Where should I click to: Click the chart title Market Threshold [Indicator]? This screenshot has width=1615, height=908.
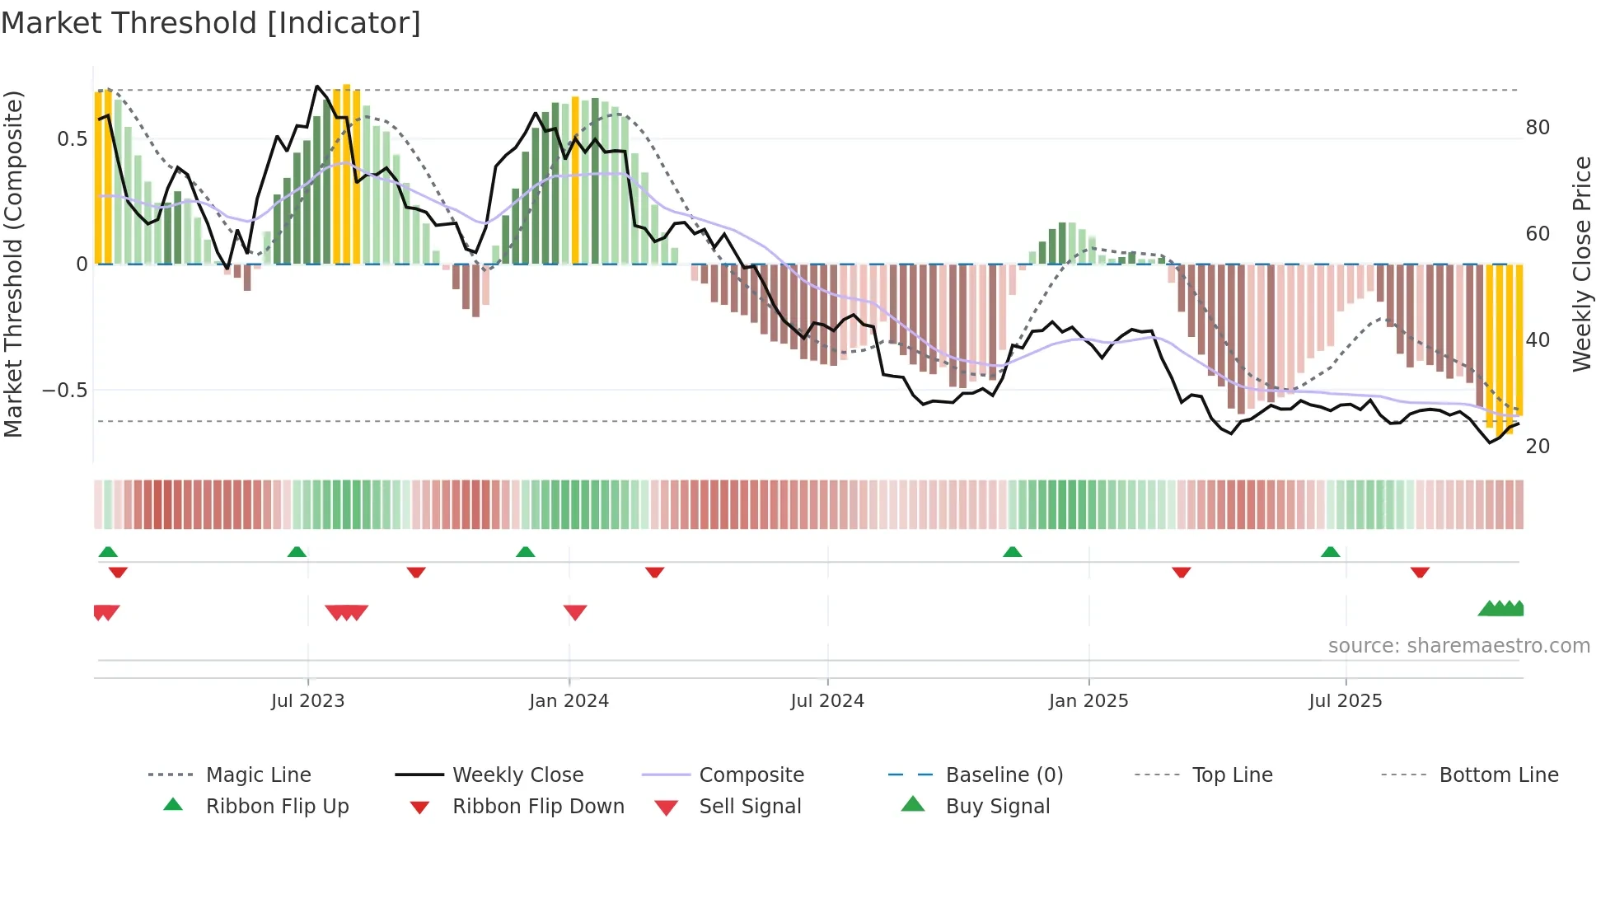pos(211,23)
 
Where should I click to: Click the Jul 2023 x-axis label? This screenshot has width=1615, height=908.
pos(307,700)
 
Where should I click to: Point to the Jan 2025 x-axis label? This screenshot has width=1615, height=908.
pos(1088,700)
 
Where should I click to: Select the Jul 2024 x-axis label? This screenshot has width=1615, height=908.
pos(826,700)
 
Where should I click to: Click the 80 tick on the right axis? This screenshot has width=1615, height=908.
pos(1538,128)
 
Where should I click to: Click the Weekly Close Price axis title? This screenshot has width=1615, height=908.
pos(1581,264)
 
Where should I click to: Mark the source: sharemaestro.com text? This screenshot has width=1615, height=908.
pos(1458,645)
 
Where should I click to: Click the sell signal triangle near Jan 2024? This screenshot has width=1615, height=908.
pos(575,612)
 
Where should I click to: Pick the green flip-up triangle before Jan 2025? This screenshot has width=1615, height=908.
pos(1013,552)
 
